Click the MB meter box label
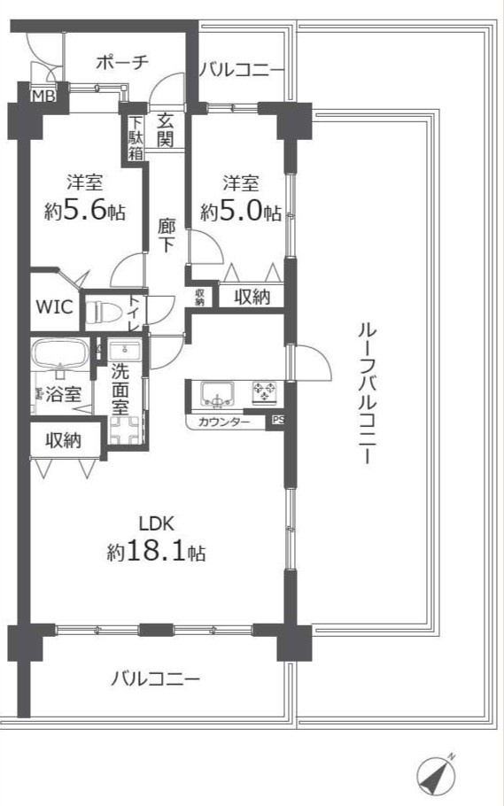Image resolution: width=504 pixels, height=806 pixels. pos(43,97)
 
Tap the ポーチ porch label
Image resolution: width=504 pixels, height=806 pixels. pos(122,63)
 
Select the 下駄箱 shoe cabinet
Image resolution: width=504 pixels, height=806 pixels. pos(136,139)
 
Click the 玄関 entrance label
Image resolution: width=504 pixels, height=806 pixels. pos(165,130)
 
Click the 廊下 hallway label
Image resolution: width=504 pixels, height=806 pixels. pos(166,236)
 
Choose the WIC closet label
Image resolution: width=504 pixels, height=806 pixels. pos(54,306)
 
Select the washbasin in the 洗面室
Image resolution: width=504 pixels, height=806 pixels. pos(125,351)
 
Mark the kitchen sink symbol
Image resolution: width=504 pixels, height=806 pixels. pos(217,393)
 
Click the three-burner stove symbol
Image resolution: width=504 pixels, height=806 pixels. pos(264,392)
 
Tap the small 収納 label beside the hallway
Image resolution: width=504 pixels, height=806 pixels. pos(200,297)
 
